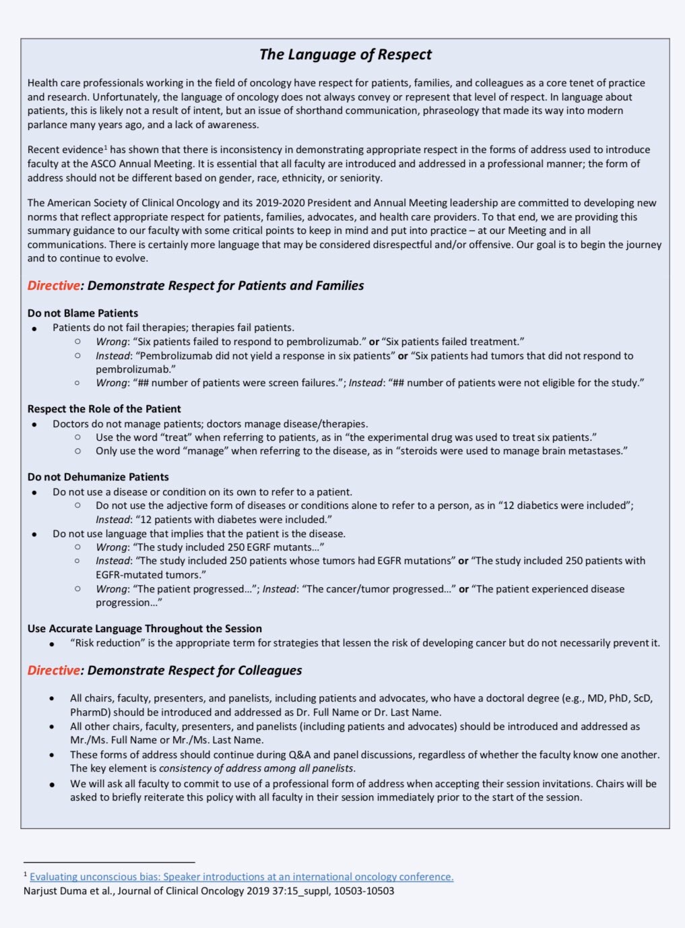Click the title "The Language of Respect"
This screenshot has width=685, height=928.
pos(346,55)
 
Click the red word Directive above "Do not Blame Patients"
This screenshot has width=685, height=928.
pos(53,286)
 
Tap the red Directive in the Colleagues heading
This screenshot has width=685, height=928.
pos(53,671)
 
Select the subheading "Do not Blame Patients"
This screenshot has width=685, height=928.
pos(83,313)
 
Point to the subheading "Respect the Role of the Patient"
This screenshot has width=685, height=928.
pos(104,409)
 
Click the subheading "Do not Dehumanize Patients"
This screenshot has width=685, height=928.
pos(98,477)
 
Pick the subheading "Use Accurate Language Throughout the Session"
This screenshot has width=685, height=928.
pos(145,629)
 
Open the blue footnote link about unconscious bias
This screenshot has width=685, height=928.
pos(241,877)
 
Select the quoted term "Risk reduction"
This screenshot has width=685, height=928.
pos(108,643)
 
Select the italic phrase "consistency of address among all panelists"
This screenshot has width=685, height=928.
pos(257,768)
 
